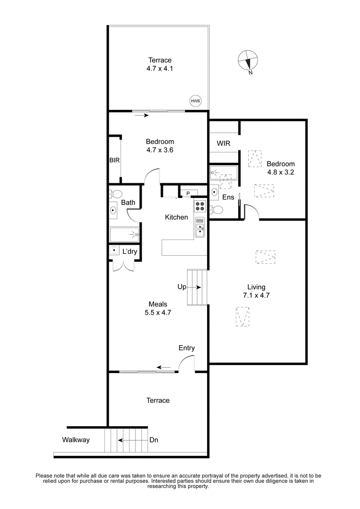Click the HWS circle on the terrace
tap(195, 101)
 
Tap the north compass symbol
tap(248, 60)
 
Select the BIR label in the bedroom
tap(114, 160)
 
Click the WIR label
tap(224, 144)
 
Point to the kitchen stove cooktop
tap(200, 206)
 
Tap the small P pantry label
tap(188, 194)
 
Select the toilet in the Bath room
tap(116, 194)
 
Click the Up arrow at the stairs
tap(196, 287)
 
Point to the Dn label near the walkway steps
tap(153, 440)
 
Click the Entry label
tap(186, 348)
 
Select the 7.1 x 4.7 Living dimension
tap(256, 296)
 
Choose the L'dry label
tap(130, 252)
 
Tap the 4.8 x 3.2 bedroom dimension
tap(280, 172)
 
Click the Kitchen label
tap(176, 217)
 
